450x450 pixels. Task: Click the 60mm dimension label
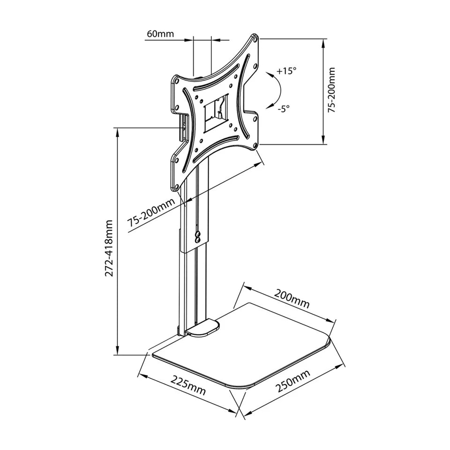tap(160, 34)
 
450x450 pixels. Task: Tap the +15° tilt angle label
tap(286, 71)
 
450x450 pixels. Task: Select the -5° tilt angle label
tap(283, 108)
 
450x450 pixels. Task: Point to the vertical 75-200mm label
tap(331, 90)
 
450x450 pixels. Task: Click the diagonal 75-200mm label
tap(151, 211)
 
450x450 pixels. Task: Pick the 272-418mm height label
tap(109, 248)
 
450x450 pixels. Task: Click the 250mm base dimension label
tap(292, 381)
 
